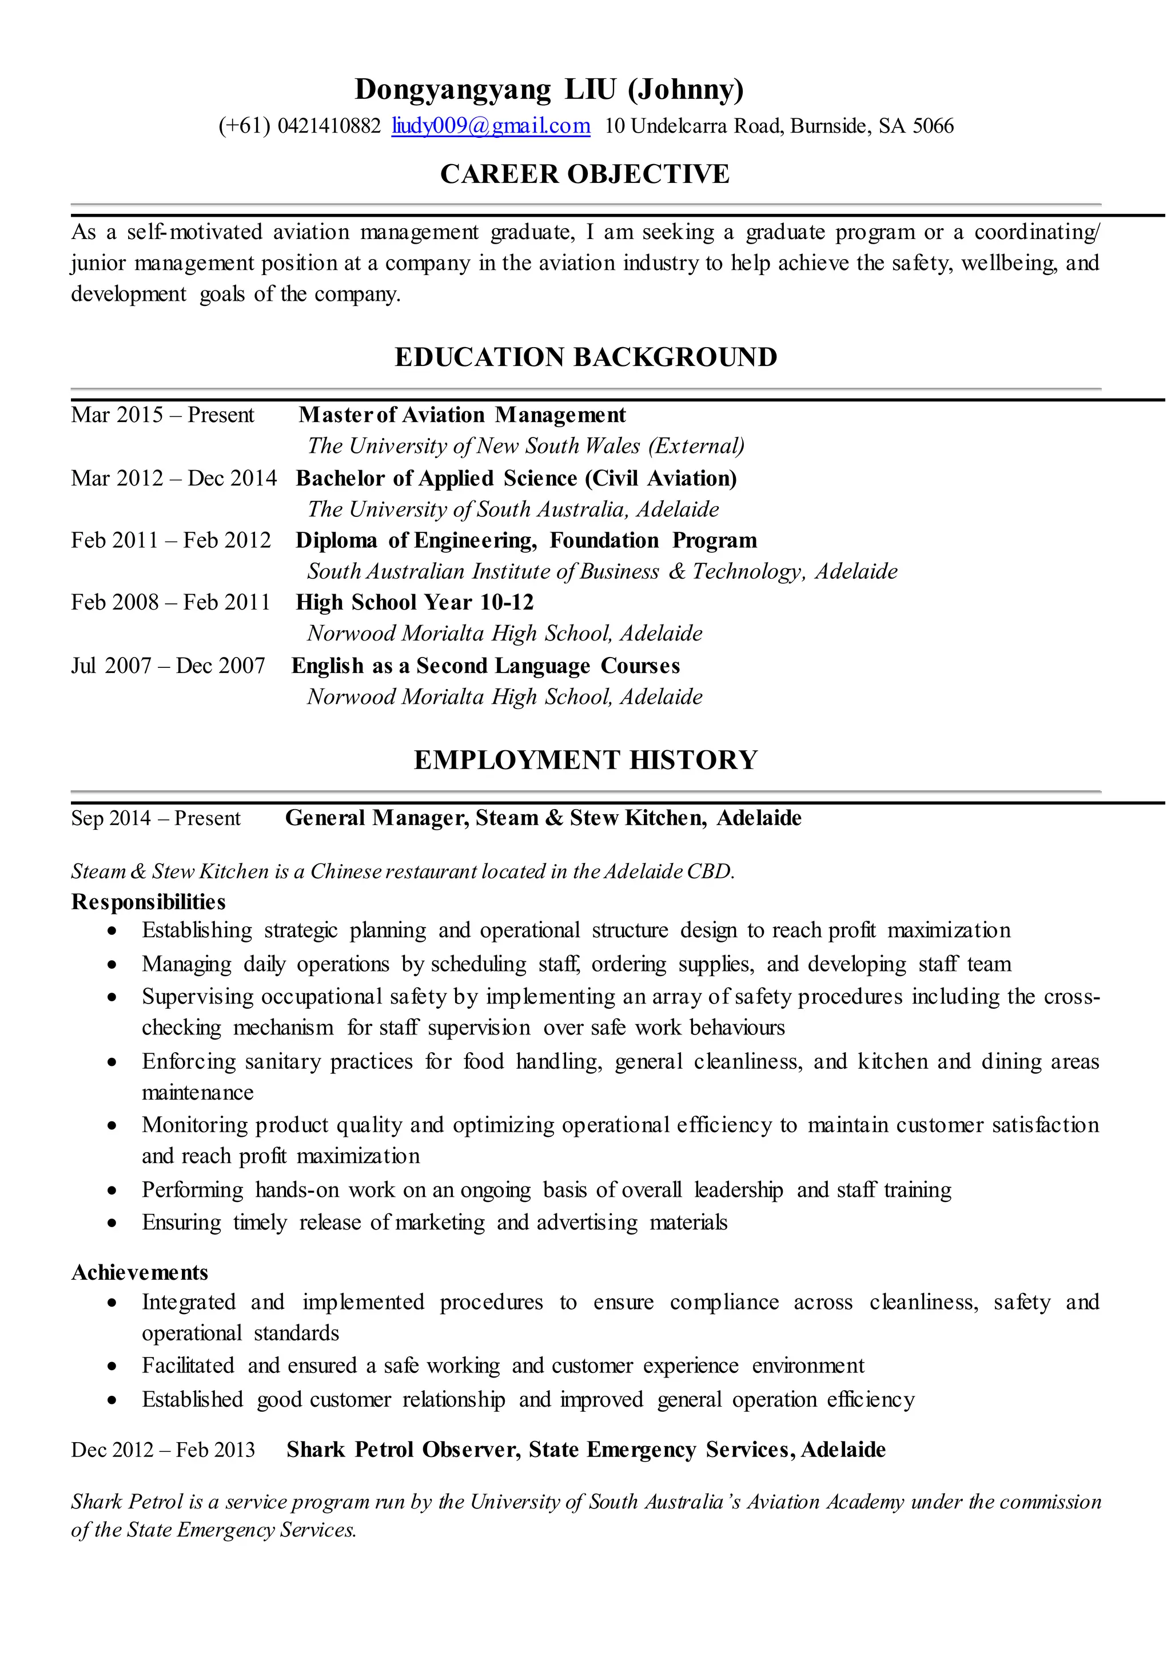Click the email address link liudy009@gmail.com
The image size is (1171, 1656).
(x=491, y=126)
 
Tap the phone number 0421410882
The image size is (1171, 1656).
(x=328, y=126)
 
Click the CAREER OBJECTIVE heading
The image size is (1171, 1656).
(x=585, y=174)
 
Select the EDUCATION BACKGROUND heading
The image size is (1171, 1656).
(x=585, y=357)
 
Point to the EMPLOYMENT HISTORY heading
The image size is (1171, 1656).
(x=585, y=760)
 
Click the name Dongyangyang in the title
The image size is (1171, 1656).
(x=453, y=89)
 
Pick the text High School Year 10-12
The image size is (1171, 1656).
(x=415, y=602)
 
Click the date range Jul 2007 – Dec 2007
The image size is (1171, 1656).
(x=168, y=666)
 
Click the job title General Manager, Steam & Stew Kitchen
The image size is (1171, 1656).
(x=495, y=818)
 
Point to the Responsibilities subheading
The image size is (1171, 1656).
(x=148, y=902)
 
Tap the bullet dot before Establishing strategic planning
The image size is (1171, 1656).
(x=111, y=931)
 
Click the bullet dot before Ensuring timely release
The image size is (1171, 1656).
(x=111, y=1223)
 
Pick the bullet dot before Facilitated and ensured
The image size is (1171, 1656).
(x=111, y=1367)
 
